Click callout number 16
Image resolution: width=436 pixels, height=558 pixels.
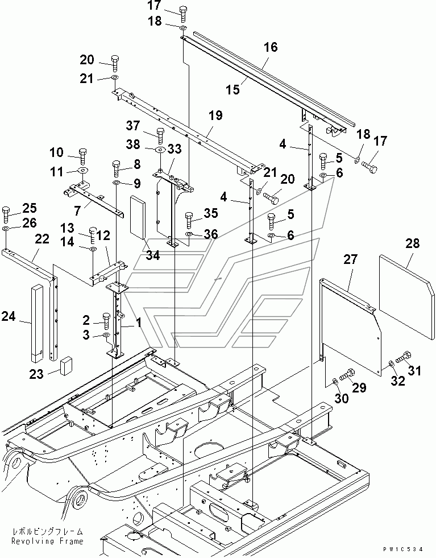coord(271,47)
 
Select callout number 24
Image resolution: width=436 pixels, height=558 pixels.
coord(9,317)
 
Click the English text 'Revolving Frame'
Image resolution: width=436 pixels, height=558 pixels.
coord(48,541)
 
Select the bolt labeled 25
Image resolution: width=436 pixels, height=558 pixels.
coord(6,213)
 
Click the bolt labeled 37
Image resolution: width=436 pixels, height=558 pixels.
coord(160,136)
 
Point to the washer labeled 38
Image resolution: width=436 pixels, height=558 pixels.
coord(159,150)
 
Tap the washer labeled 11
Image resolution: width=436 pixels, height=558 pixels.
coord(83,170)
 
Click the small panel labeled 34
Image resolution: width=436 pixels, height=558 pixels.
coord(139,216)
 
